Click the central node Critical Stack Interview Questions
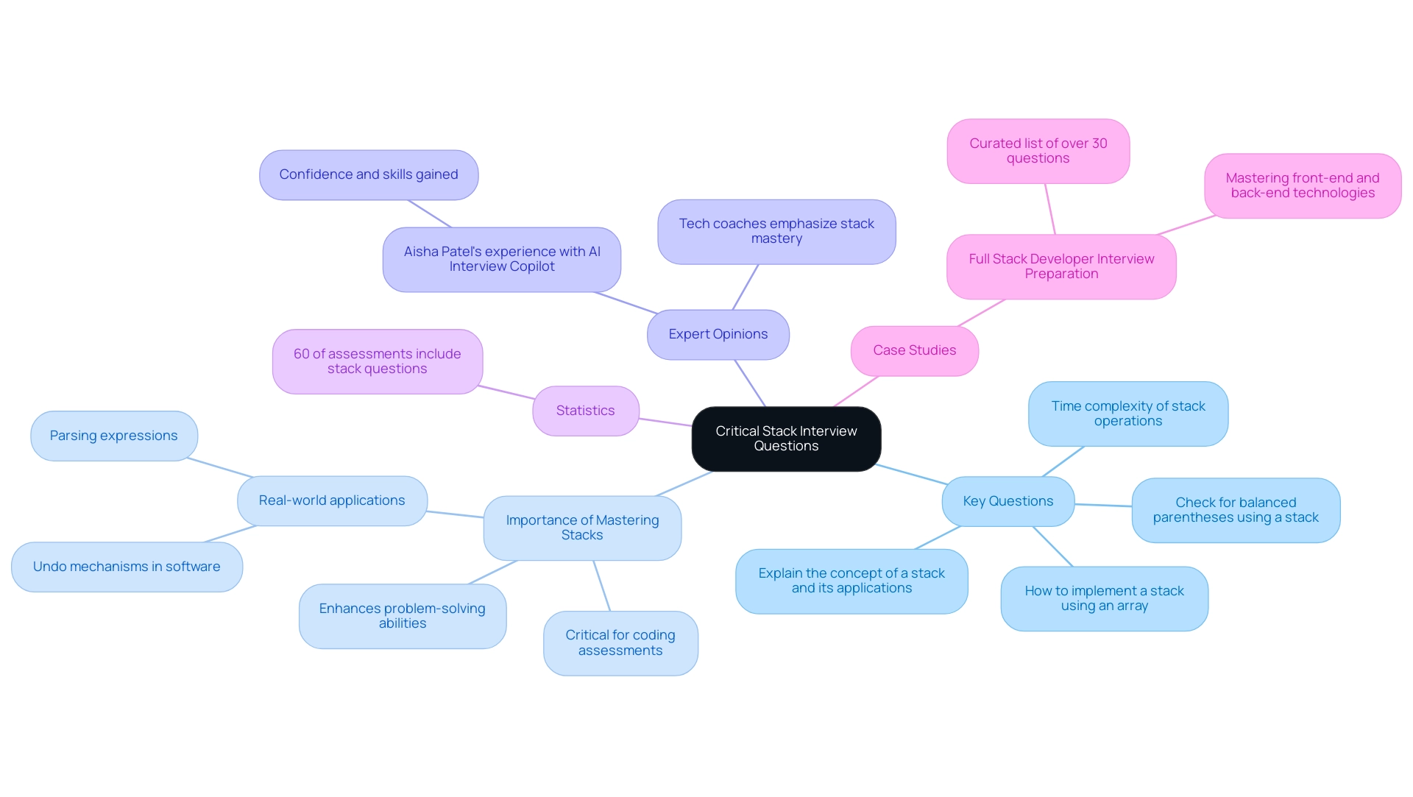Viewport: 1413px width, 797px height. (786, 439)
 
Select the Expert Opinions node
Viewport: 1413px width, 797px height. (718, 334)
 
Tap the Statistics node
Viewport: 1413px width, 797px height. (585, 411)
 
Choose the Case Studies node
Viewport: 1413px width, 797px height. (914, 350)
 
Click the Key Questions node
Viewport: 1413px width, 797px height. (1007, 501)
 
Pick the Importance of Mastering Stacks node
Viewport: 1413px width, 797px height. (582, 528)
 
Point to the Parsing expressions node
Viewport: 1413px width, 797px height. (113, 436)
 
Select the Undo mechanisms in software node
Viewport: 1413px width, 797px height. (127, 567)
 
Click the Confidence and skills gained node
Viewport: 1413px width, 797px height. (368, 174)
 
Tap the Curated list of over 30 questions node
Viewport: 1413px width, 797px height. (1038, 151)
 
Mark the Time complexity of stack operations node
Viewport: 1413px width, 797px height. (1127, 414)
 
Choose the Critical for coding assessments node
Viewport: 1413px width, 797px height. (620, 642)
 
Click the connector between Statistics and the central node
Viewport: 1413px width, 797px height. (665, 422)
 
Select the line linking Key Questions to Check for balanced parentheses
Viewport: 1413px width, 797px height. (1103, 506)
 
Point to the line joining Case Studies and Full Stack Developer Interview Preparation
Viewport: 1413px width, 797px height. (981, 313)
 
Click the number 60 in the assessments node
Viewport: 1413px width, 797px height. (301, 354)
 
